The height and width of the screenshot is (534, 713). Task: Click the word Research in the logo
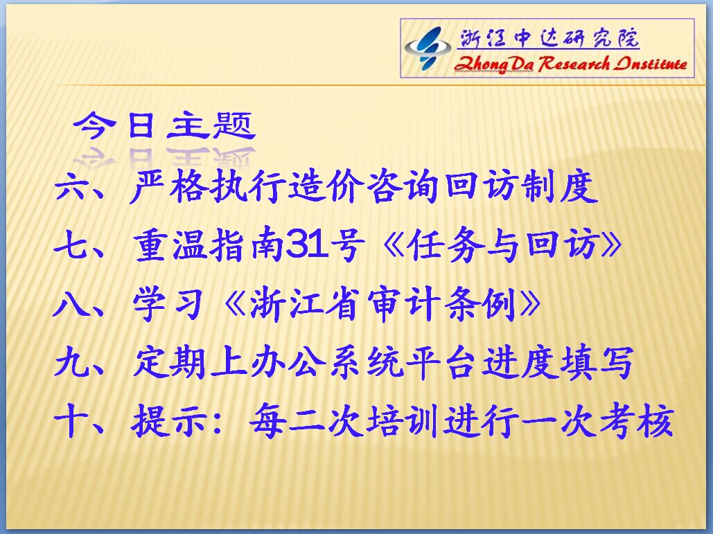[x=574, y=64]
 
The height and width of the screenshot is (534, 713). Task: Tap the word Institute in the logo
[x=651, y=64]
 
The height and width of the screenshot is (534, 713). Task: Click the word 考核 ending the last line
[x=637, y=421]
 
